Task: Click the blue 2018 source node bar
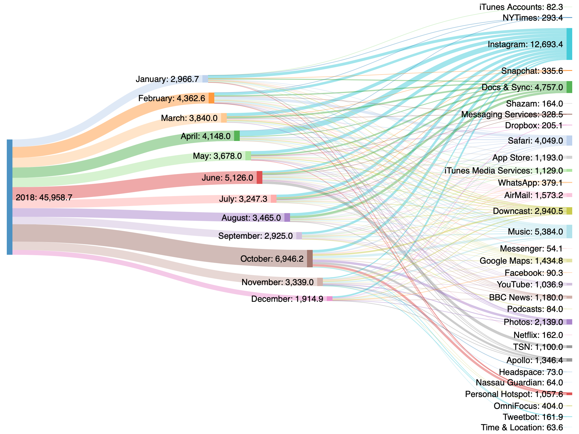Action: (x=10, y=197)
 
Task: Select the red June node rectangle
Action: (x=259, y=177)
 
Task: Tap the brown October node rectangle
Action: (x=310, y=259)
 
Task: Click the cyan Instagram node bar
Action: (x=569, y=44)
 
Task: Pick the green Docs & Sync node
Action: (x=569, y=87)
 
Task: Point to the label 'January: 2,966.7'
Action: (x=167, y=79)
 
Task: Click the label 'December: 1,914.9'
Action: (x=287, y=299)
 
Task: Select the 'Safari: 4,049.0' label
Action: (x=535, y=141)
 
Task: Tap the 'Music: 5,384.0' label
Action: (x=535, y=232)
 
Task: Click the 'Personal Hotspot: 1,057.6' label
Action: (x=514, y=394)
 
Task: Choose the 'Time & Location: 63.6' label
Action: (x=522, y=428)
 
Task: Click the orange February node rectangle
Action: (x=211, y=98)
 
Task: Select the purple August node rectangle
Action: (x=287, y=218)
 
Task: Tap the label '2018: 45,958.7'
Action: (x=44, y=198)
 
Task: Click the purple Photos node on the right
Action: (x=569, y=322)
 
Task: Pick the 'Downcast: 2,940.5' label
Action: (x=528, y=211)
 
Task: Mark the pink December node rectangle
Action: (x=330, y=299)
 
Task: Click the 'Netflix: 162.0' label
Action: (x=538, y=335)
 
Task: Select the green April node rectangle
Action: (x=237, y=136)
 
